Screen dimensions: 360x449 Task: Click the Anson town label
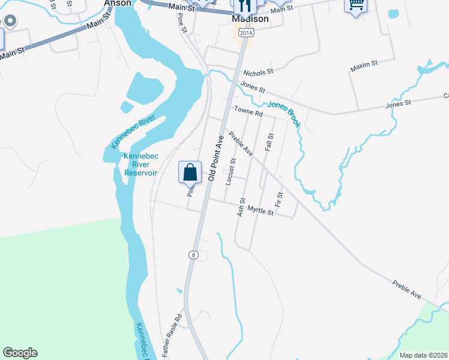(x=118, y=3)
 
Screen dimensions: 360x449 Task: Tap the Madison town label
(x=250, y=19)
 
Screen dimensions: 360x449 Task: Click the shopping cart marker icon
(x=355, y=5)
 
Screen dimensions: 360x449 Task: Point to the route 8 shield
(x=193, y=255)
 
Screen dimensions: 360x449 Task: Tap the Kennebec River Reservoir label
(x=140, y=164)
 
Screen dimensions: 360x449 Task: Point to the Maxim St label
(x=363, y=63)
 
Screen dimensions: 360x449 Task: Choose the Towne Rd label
(x=249, y=112)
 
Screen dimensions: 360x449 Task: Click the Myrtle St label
(x=261, y=212)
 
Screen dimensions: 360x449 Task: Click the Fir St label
(x=279, y=200)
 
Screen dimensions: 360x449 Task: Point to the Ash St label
(x=242, y=207)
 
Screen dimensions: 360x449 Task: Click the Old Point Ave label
(x=216, y=158)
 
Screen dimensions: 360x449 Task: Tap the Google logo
(x=20, y=353)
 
